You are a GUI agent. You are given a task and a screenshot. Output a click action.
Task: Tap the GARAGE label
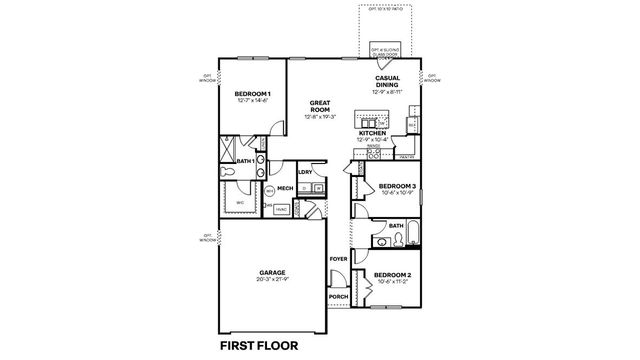click(x=273, y=272)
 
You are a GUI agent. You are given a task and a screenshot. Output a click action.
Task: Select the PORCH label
click(x=337, y=297)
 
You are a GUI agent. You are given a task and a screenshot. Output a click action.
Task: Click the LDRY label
click(x=306, y=172)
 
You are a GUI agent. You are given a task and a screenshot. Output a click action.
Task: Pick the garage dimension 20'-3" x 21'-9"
click(x=273, y=280)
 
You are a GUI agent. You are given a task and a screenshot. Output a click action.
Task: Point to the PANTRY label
click(x=407, y=158)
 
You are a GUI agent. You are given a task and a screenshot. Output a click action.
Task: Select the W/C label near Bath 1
click(x=240, y=203)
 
